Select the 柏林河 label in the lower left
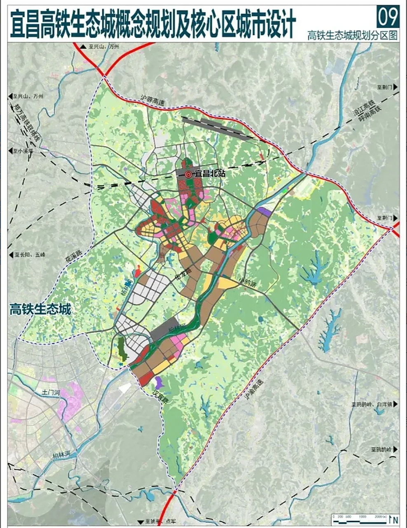(x=62, y=454)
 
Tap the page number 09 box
(x=388, y=17)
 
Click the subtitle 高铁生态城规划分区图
(x=353, y=35)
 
